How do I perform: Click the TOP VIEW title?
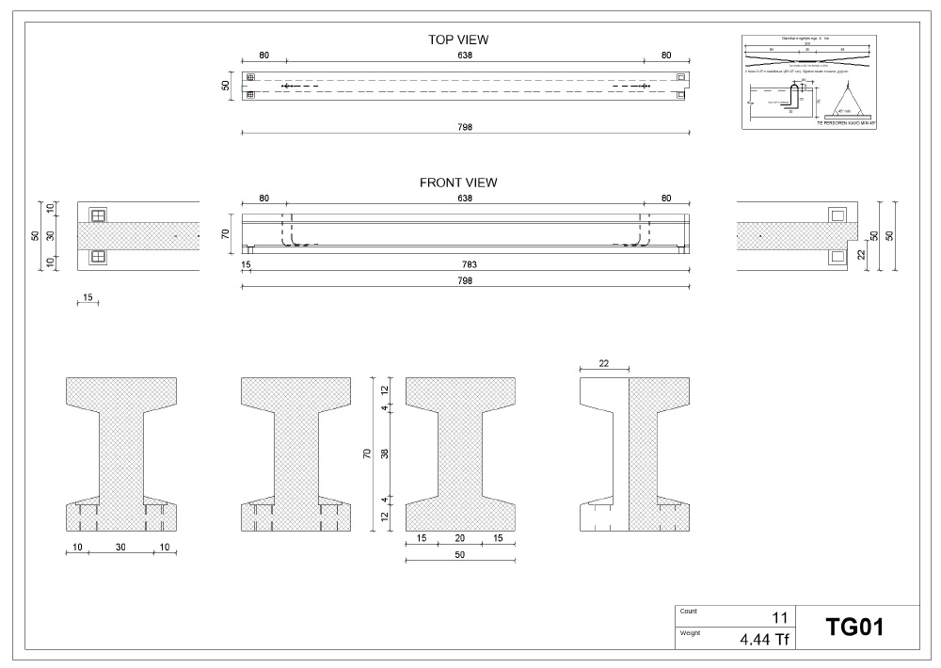pos(458,40)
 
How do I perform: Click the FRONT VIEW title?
pos(458,183)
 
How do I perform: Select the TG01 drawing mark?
pos(854,627)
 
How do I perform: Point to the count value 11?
pos(779,618)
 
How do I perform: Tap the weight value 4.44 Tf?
pos(763,641)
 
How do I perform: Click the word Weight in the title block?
pos(690,632)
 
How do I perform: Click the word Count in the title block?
pos(688,611)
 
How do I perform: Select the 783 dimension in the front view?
pos(465,265)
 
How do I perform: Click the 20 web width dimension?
pos(460,539)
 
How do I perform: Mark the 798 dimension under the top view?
pos(465,127)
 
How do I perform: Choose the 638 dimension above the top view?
pos(465,56)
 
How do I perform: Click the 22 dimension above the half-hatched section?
pos(603,363)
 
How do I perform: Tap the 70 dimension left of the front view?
pos(226,233)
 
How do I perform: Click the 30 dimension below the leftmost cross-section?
pos(120,547)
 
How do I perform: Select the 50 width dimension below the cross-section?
pos(460,556)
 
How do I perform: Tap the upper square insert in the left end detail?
pos(98,215)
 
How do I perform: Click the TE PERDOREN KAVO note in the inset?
pos(846,122)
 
